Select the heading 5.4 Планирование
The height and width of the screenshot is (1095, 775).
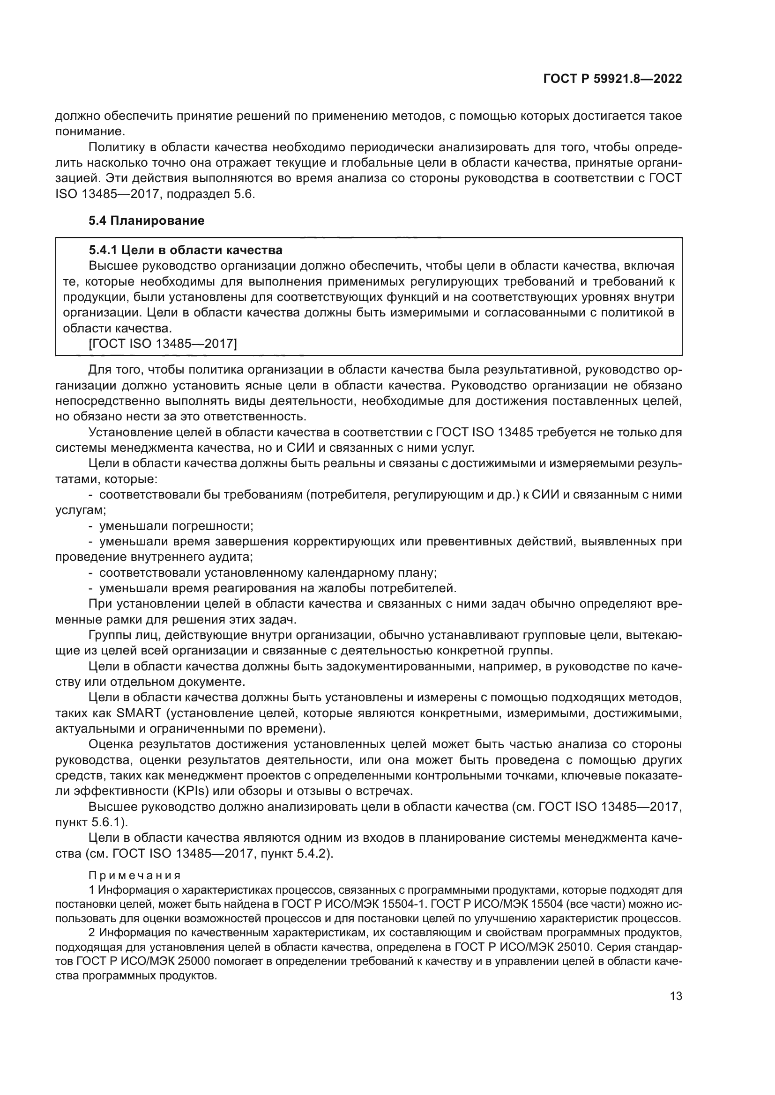(x=147, y=220)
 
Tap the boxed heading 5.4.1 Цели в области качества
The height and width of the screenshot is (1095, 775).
(x=186, y=250)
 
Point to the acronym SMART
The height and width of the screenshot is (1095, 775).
(x=139, y=713)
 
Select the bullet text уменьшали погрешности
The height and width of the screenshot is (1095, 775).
(x=176, y=526)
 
